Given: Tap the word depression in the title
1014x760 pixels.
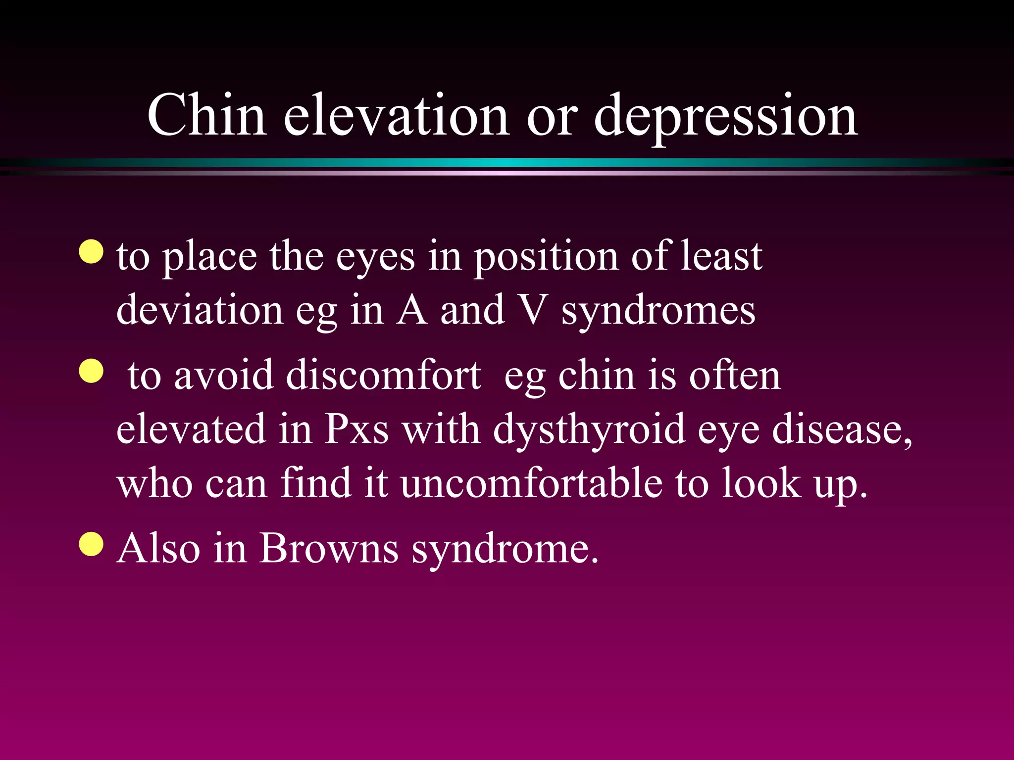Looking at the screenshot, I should [x=725, y=117].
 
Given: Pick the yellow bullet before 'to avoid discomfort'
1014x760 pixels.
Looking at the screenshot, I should [x=92, y=371].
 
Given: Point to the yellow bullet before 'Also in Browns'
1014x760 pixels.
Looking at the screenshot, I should [x=92, y=544].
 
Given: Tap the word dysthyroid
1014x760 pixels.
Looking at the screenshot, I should [x=589, y=429].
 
